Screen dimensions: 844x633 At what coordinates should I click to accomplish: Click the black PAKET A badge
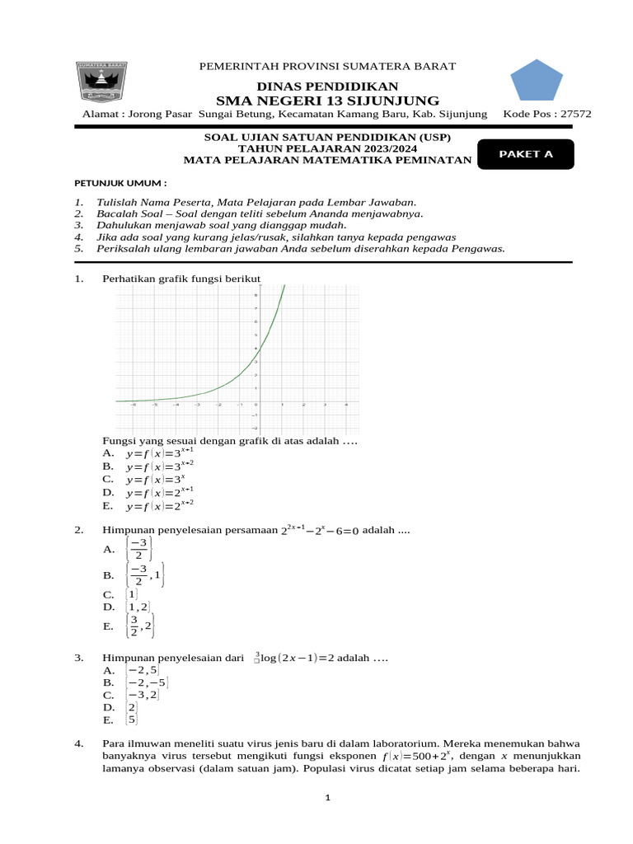click(x=524, y=154)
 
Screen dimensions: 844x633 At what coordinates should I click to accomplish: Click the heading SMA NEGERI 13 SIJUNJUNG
click(x=327, y=101)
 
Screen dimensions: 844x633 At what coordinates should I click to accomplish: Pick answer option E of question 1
click(x=159, y=505)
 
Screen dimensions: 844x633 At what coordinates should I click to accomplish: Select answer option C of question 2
click(x=131, y=593)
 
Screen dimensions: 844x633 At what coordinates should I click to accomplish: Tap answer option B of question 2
click(x=141, y=574)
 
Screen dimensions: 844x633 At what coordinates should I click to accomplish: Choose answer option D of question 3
click(x=131, y=707)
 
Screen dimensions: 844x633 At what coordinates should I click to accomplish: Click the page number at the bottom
click(x=327, y=798)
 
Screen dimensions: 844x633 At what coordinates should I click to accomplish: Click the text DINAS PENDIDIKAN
click(x=327, y=86)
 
